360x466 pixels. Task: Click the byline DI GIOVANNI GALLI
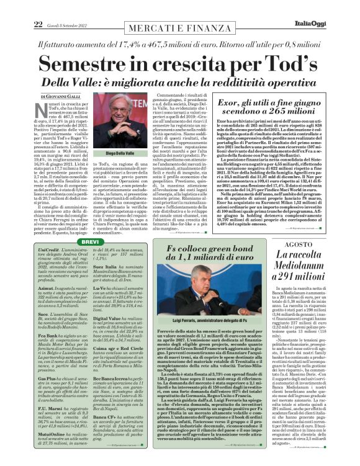tap(55, 97)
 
